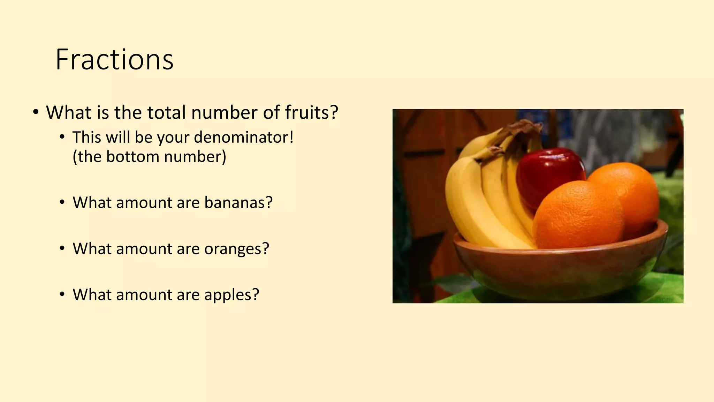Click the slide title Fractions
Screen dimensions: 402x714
tap(114, 60)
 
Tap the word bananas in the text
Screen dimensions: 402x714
tap(238, 202)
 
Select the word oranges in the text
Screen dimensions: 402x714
tap(236, 249)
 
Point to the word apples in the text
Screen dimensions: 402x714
tap(231, 295)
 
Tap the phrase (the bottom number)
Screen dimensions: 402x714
tap(149, 156)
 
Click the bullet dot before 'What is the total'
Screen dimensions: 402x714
tap(36, 112)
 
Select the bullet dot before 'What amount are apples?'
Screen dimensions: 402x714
tap(62, 295)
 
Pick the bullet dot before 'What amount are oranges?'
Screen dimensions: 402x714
tap(62, 249)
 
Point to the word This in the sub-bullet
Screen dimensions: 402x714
tap(86, 137)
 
